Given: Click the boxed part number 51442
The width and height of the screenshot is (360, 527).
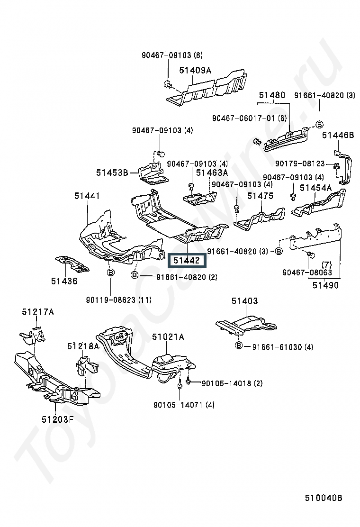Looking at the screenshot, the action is click(187, 261).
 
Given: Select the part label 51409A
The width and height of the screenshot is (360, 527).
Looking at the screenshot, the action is click(195, 70).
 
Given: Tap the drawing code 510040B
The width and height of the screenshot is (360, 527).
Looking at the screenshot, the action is click(324, 498).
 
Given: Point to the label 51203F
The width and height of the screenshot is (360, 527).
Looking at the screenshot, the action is click(57, 419).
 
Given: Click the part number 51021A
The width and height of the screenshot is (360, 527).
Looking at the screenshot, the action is click(168, 337).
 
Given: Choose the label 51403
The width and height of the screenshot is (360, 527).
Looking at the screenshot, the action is click(244, 301).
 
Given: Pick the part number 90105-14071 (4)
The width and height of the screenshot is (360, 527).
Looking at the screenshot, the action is click(184, 405).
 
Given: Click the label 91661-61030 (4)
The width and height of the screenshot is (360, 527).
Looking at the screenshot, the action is click(283, 347).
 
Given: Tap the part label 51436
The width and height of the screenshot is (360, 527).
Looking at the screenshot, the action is click(64, 281).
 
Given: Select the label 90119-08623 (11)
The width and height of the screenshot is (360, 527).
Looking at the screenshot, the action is click(118, 300).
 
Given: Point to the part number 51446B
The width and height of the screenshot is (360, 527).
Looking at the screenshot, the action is click(338, 135).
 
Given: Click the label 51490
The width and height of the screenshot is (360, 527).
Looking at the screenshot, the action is click(325, 285).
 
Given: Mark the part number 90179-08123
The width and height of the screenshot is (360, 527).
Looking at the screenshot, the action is click(300, 164).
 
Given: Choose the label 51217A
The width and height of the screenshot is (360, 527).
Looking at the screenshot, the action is click(38, 312).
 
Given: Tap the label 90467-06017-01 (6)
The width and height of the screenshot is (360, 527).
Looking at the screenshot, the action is click(250, 118).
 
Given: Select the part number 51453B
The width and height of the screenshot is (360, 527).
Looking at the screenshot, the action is click(112, 173).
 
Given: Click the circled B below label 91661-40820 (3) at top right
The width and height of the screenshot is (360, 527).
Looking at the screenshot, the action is click(320, 125).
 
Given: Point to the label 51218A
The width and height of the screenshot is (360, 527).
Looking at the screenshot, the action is click(83, 346).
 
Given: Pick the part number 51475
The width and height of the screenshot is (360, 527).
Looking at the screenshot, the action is click(260, 196).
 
